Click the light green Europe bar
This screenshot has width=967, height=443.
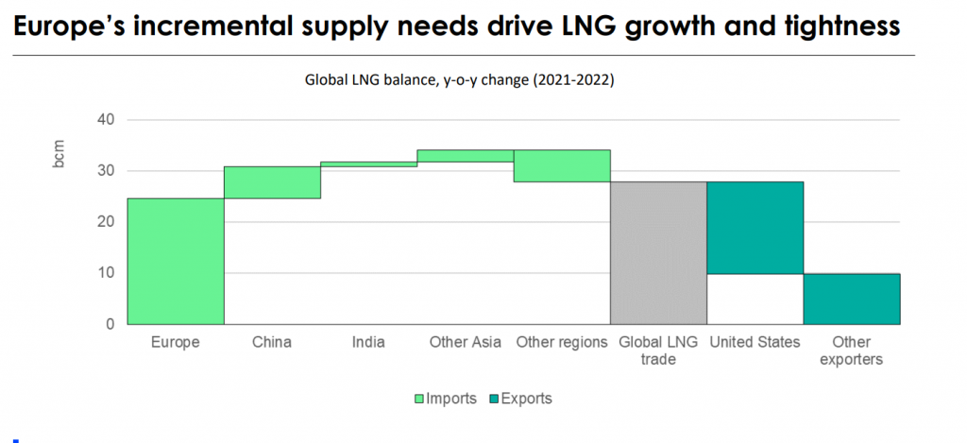click(x=176, y=261)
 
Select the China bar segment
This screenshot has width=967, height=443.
click(x=272, y=182)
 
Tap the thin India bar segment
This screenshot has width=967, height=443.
click(x=368, y=164)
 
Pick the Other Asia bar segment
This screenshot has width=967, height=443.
click(x=466, y=156)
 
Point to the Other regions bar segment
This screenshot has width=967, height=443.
click(x=562, y=165)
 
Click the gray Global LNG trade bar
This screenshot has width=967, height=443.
click(x=658, y=252)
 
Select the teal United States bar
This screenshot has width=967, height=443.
click(x=755, y=228)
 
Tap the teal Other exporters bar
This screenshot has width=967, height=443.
click(x=852, y=298)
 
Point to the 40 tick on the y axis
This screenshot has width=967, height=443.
click(x=105, y=120)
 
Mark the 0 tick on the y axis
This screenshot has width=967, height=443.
click(x=109, y=324)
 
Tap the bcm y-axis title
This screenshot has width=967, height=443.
click(x=59, y=155)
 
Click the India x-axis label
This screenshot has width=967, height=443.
click(x=368, y=342)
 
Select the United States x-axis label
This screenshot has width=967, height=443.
click(x=755, y=342)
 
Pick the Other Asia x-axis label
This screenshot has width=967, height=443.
click(x=466, y=342)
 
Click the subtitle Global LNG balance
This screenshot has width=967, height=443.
click(x=459, y=81)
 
